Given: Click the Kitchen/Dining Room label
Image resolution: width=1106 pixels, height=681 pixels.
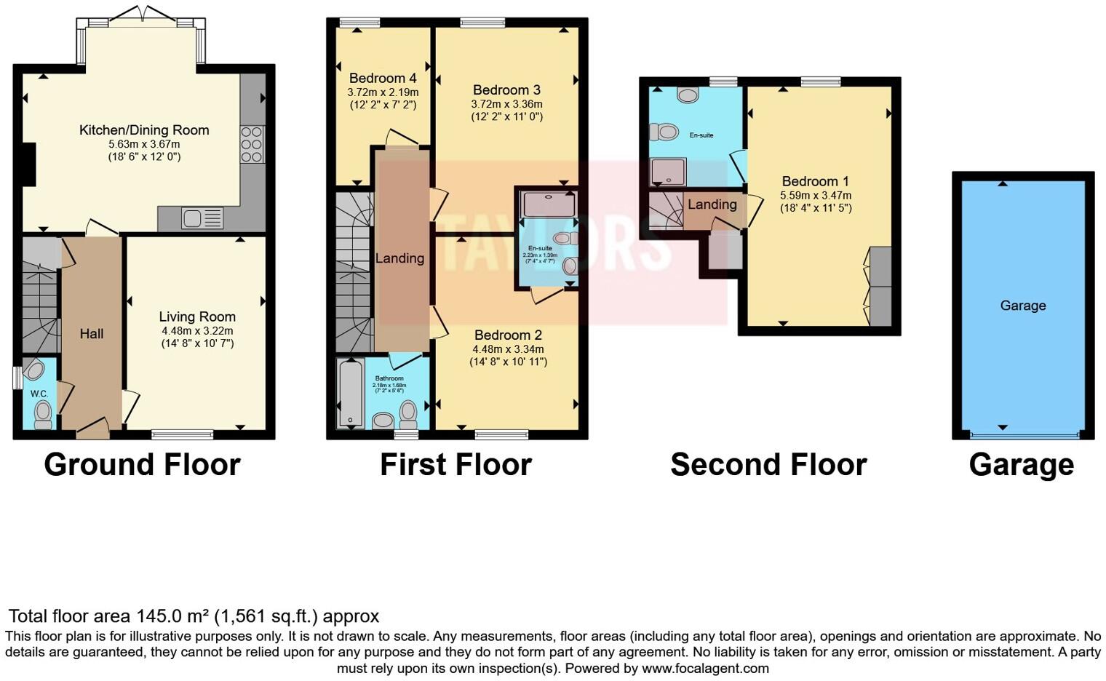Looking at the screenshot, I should tap(144, 130).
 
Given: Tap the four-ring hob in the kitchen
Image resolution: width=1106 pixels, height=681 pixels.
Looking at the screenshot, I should tap(252, 144).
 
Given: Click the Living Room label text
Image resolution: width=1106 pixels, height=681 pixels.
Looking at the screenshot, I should tap(197, 316).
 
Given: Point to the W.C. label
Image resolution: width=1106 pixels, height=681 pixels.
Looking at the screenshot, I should tap(39, 394).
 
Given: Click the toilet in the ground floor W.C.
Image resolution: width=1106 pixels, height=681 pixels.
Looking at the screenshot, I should tap(43, 414).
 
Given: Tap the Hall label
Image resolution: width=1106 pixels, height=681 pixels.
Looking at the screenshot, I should tap(92, 334).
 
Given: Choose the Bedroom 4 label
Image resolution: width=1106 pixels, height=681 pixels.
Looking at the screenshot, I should tap(383, 79).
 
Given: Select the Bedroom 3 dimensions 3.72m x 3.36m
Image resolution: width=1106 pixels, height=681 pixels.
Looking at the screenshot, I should tap(506, 104).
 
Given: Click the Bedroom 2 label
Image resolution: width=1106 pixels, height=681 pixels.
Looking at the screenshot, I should tap(508, 335).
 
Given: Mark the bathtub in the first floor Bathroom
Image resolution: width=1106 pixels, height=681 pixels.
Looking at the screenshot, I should tap(351, 394).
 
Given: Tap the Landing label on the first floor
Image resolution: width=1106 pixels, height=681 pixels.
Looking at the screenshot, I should tap(399, 258).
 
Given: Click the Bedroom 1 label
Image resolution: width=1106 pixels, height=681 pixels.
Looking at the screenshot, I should tap(815, 181).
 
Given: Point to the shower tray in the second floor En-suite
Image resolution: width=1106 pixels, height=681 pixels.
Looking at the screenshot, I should tap(668, 172).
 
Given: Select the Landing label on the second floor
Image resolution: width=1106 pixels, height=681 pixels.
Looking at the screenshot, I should tap(712, 204).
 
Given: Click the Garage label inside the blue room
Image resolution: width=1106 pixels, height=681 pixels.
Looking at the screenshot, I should tap(1022, 306).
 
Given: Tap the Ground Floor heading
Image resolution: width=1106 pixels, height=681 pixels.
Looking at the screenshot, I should tap(142, 465).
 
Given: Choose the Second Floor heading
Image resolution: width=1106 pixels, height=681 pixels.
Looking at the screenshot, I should tap(768, 465).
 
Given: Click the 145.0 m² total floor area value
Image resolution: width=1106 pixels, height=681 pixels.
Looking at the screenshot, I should tap(171, 616).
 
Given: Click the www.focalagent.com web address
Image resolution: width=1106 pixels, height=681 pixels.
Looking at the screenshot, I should tap(704, 668).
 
